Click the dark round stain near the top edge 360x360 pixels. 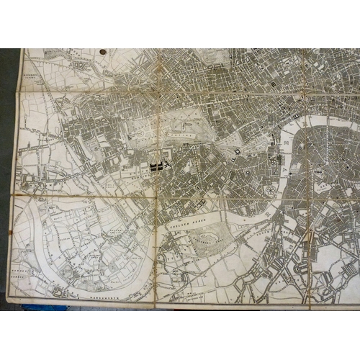(x=102, y=53)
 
